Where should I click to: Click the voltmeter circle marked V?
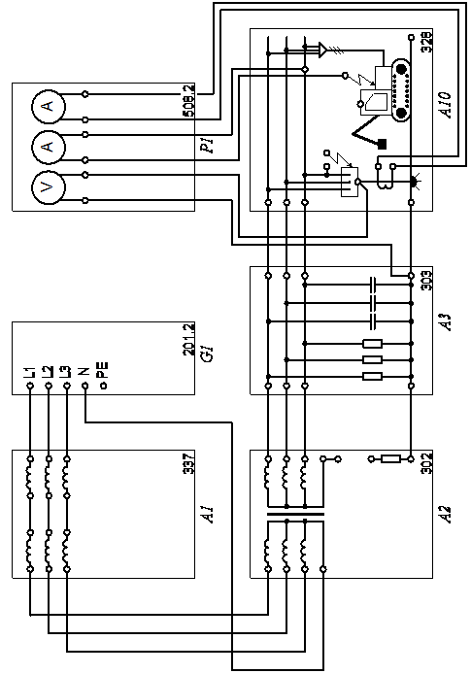tap(49, 187)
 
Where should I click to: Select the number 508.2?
tap(189, 101)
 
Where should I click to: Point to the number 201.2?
tap(189, 339)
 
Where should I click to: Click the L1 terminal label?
tap(30, 372)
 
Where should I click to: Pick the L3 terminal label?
tap(66, 372)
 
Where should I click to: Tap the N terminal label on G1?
tap(84, 371)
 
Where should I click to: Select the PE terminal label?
tap(103, 371)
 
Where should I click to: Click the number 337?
tap(189, 462)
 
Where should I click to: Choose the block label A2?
tap(447, 514)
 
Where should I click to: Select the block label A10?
tap(447, 105)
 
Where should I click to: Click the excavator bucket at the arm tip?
tap(382, 144)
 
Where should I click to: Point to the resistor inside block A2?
tap(391, 459)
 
